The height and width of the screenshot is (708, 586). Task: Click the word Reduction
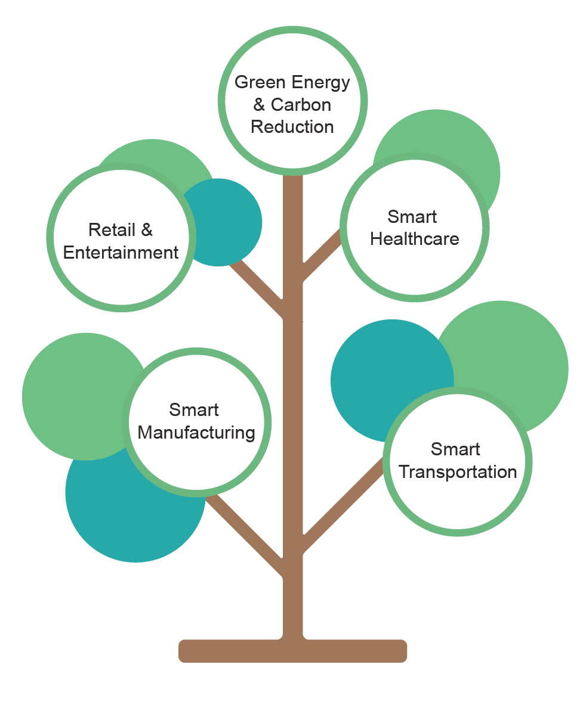(x=292, y=127)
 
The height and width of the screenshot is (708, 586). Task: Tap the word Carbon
(x=301, y=105)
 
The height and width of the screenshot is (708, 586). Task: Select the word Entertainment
(x=121, y=253)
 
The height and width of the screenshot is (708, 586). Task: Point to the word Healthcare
(x=415, y=239)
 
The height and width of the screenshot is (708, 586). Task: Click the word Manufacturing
(x=196, y=433)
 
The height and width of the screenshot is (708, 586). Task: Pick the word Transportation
(x=458, y=472)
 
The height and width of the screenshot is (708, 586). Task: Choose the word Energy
(x=320, y=82)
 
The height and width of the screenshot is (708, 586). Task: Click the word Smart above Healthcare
(x=412, y=217)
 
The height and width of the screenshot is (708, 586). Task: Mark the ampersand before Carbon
(x=259, y=105)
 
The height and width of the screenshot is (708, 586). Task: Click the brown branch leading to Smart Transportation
(x=340, y=507)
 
